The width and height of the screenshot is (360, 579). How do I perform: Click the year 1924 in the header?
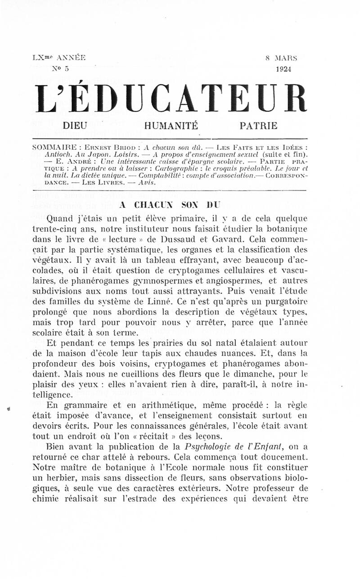tap(283, 69)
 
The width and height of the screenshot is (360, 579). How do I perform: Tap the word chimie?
tap(46, 498)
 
